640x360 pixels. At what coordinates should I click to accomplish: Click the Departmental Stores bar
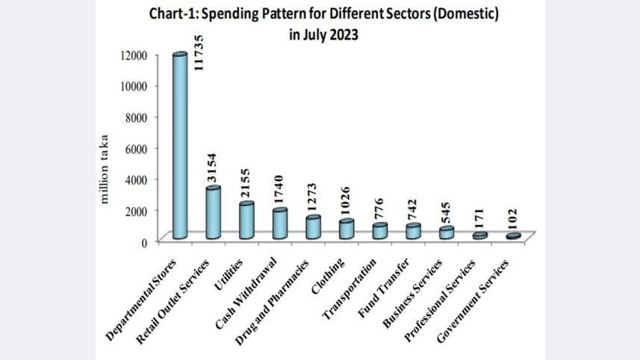(179, 146)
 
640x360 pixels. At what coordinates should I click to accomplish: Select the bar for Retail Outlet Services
(213, 213)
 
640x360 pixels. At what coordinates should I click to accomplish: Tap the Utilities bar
(246, 221)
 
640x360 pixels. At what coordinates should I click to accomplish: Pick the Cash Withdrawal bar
(279, 224)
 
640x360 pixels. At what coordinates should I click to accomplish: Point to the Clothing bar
(346, 229)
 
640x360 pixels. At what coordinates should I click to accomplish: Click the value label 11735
(199, 53)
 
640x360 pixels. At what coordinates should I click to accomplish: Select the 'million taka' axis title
(105, 169)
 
